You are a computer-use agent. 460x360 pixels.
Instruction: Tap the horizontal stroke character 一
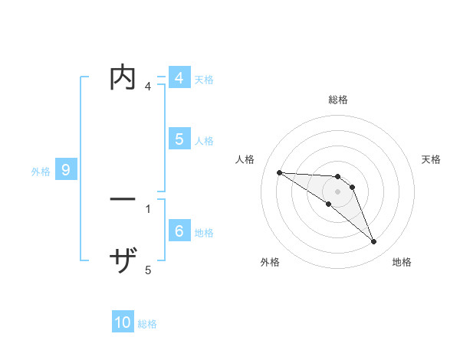(123, 199)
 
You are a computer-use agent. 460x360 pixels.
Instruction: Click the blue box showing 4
(179, 78)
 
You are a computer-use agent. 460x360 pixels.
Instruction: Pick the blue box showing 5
(179, 139)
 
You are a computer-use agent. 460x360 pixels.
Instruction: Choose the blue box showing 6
(179, 231)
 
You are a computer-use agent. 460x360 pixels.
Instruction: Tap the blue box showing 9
(66, 170)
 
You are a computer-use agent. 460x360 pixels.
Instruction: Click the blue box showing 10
(123, 322)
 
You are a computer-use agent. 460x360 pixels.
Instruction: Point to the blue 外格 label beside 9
(41, 172)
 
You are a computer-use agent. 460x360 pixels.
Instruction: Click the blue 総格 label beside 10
(147, 324)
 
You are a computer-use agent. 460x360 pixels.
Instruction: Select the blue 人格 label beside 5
(204, 141)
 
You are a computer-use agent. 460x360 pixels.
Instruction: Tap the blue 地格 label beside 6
(204, 232)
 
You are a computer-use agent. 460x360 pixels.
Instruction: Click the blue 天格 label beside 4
(204, 80)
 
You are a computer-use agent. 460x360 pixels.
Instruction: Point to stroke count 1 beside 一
(147, 208)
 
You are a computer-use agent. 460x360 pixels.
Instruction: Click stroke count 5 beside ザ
(148, 270)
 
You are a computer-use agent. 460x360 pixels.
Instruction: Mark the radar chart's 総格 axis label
(338, 100)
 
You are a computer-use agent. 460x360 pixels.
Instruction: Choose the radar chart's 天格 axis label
(431, 159)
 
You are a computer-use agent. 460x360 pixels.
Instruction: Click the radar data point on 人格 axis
(279, 172)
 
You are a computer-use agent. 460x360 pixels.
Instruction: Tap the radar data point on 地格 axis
(373, 242)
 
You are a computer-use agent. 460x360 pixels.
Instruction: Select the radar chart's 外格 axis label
(270, 262)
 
